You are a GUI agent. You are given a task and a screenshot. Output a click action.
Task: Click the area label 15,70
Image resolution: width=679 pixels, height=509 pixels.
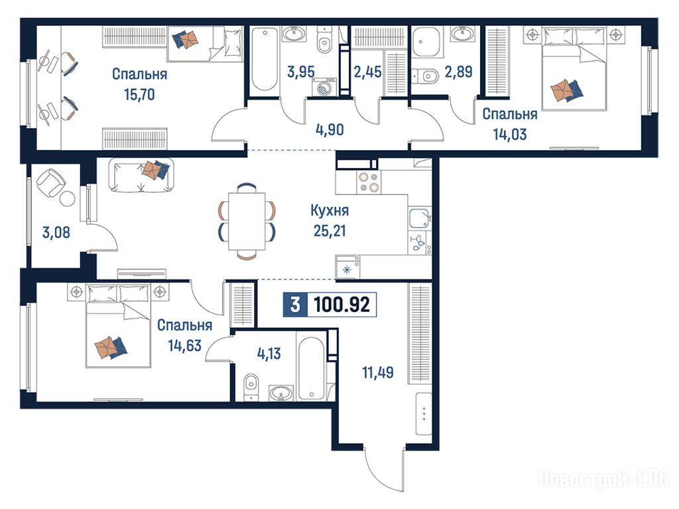click(139, 94)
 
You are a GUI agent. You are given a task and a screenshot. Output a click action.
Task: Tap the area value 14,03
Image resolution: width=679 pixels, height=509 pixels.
click(510, 134)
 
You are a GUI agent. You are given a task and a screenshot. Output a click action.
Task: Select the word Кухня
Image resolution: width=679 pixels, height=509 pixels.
click(330, 211)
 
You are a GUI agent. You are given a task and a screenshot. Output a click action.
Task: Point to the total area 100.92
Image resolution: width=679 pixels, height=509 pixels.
click(341, 305)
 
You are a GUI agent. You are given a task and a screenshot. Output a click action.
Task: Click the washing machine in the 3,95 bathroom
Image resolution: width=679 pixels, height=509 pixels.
click(324, 87)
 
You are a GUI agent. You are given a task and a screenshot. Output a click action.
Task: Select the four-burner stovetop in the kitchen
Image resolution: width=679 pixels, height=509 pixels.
click(369, 182)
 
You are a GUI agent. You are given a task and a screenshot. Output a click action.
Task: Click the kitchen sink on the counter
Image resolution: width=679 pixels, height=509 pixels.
click(419, 218)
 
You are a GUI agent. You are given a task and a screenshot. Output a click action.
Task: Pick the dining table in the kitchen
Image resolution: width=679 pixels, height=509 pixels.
click(247, 221)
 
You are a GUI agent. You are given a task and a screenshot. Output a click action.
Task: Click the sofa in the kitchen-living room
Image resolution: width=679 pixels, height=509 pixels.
click(141, 175)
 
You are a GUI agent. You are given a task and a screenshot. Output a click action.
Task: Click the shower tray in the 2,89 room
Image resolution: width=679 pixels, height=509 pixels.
click(426, 42)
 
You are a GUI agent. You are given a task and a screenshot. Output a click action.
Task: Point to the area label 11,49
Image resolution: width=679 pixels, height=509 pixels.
click(378, 372)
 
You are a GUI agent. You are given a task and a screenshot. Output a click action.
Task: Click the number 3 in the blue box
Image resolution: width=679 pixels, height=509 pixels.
click(295, 305)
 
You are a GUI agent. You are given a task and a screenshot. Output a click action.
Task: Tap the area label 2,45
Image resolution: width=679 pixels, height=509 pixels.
click(367, 72)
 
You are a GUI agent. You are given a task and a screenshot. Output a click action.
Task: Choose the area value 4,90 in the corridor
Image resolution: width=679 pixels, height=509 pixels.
click(330, 129)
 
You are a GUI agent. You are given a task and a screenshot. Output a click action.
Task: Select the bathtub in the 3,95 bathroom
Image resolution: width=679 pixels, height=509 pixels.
click(264, 60)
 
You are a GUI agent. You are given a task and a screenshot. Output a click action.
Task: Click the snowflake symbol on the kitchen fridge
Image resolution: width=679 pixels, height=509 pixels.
click(347, 269)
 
